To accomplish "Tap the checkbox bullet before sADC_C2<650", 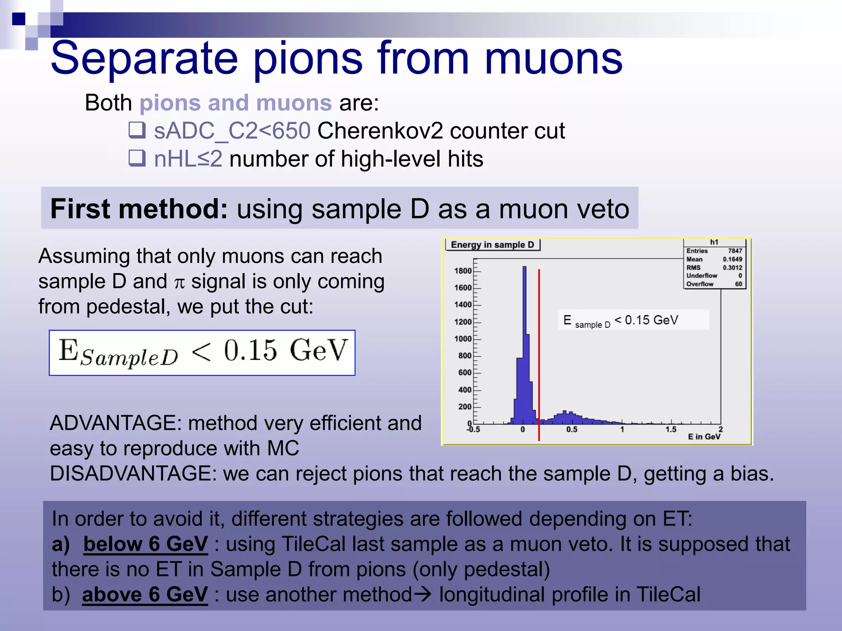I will point(137,130).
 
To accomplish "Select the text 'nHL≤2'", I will point(188,159).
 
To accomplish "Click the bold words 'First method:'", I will point(139,209).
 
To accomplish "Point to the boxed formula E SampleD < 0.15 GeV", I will point(202,353).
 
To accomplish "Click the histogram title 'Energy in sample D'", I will point(492,245).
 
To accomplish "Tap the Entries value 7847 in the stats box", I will point(735,251).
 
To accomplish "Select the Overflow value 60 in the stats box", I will point(738,284).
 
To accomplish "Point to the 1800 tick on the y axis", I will point(463,271).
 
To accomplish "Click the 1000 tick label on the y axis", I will point(463,339).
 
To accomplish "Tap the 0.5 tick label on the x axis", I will point(571,429).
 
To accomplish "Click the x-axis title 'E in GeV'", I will point(704,437).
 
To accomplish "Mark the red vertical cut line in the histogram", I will point(539,353).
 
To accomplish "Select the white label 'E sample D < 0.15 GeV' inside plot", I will point(633,320).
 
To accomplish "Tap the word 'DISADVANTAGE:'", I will point(133,474).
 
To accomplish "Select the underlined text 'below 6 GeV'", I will point(146,544).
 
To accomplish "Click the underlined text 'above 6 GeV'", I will point(145,594).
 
